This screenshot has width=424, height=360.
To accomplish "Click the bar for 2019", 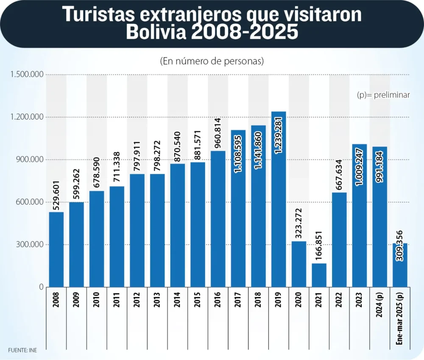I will tap(279, 199).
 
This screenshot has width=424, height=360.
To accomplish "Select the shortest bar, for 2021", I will tap(319, 275).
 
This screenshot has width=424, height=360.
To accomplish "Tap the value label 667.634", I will tap(339, 174).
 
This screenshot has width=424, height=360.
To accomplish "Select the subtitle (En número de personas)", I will tap(212, 61).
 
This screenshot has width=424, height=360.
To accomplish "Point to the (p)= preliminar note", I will tap(383, 95).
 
